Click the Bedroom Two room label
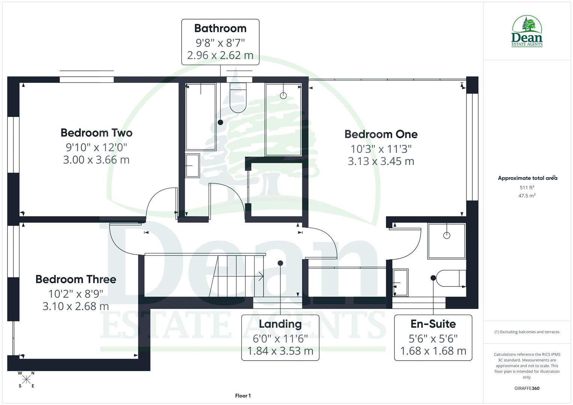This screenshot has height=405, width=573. click(x=96, y=133)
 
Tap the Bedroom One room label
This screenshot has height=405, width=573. click(x=381, y=134)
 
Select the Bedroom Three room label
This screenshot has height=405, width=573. click(x=76, y=279)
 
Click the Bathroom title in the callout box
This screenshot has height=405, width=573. click(x=220, y=28)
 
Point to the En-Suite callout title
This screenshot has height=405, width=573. click(x=433, y=324)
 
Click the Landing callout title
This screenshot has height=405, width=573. click(x=280, y=324)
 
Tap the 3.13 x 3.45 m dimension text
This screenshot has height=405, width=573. click(x=381, y=161)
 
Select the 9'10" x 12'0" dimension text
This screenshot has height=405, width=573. click(x=96, y=147)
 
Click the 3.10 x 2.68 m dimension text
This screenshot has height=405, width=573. click(x=76, y=306)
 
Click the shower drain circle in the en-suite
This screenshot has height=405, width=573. click(x=447, y=235)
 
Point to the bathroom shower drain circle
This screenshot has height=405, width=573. click(x=283, y=96)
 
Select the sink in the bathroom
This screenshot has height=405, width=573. click(x=193, y=165)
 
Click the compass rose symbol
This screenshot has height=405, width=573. click(x=26, y=379)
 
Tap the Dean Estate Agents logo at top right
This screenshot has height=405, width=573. click(x=527, y=31)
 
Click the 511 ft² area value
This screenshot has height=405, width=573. click(x=527, y=187)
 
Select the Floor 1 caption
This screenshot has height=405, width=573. click(x=243, y=396)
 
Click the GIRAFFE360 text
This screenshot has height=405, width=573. click(x=527, y=388)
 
